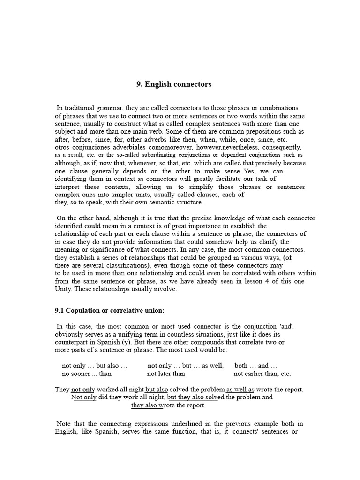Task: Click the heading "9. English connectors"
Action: [174, 84]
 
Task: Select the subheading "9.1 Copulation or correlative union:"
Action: [110, 310]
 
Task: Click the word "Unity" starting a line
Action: [64, 289]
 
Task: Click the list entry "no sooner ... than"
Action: [87, 374]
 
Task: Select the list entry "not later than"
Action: [166, 374]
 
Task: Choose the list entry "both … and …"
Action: [256, 366]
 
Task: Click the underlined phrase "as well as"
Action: [240, 389]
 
